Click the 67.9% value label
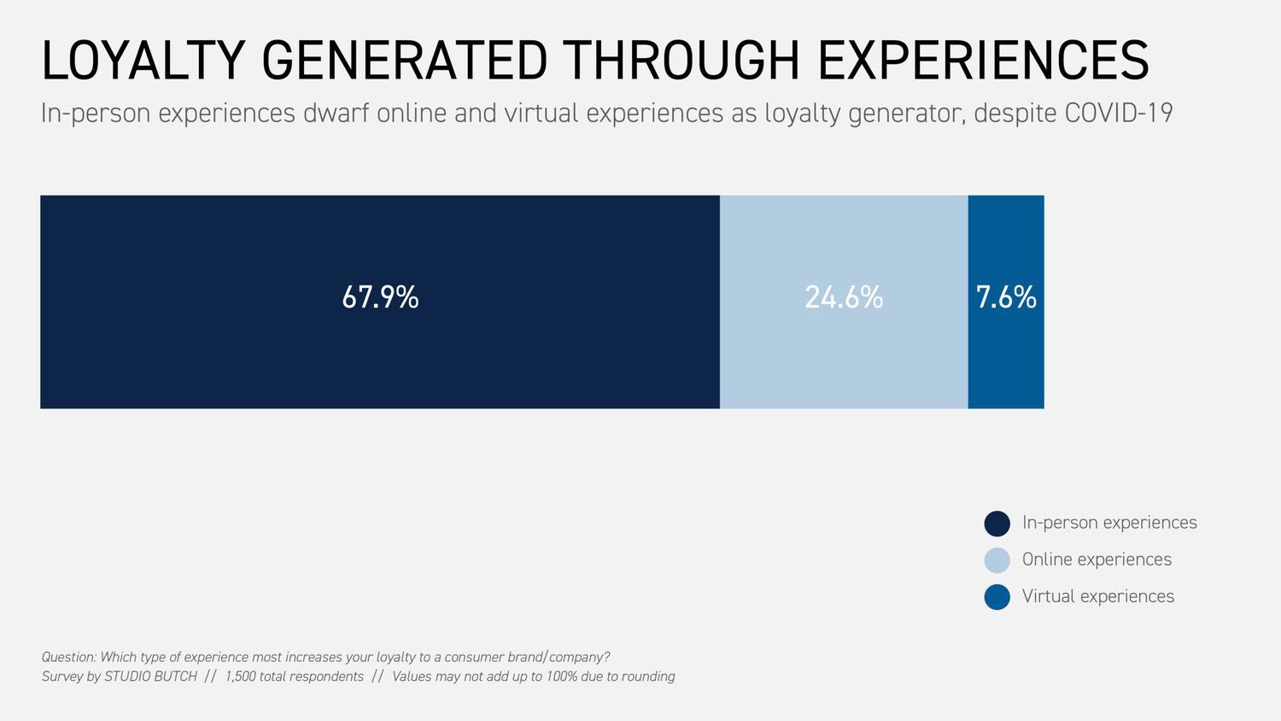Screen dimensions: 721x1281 tap(380, 297)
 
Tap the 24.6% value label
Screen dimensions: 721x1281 tap(844, 297)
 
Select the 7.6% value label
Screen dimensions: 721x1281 tap(1006, 297)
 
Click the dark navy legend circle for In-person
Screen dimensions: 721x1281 tap(997, 524)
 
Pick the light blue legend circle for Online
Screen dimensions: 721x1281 tap(997, 560)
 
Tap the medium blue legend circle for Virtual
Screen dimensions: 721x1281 tap(997, 597)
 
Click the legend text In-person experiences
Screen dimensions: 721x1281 tap(1109, 523)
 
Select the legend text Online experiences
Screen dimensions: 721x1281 tap(1097, 560)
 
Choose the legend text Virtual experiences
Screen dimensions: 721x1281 tap(1097, 596)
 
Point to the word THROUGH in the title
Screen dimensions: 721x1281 tap(681, 61)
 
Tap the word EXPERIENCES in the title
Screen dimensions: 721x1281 tap(983, 61)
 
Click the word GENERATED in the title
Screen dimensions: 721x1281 tap(405, 61)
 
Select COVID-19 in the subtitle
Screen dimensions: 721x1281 tap(1119, 113)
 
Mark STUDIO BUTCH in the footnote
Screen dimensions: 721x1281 tap(150, 677)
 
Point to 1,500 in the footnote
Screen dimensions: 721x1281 tap(240, 677)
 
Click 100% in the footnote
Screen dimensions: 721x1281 tap(562, 677)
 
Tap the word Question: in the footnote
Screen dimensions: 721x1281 tap(69, 657)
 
